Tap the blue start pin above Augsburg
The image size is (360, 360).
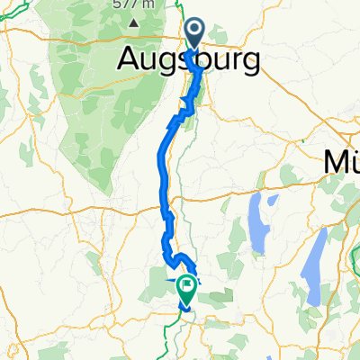[196, 35]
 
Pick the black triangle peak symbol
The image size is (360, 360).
[134, 22]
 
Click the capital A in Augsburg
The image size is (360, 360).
[130, 60]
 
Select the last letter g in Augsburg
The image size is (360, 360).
[251, 63]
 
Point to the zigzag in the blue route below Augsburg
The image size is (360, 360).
[184, 113]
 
